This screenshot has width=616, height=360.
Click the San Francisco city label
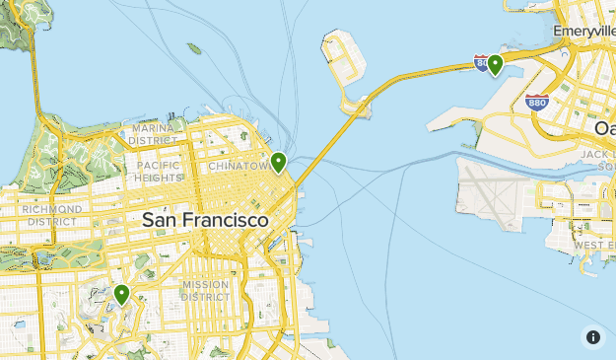click(x=205, y=220)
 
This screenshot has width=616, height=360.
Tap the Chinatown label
click(x=238, y=167)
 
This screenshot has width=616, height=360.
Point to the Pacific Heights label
click(x=159, y=172)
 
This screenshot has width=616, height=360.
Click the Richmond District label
click(x=51, y=215)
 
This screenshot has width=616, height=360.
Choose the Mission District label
click(x=205, y=291)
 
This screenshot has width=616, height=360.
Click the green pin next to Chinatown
click(x=279, y=161)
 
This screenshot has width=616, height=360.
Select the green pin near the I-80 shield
click(x=495, y=64)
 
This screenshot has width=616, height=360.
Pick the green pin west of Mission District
click(x=122, y=293)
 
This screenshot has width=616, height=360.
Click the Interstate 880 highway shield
click(x=537, y=102)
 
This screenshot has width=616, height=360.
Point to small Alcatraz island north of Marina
click(x=194, y=48)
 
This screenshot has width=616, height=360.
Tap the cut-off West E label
click(x=594, y=244)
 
